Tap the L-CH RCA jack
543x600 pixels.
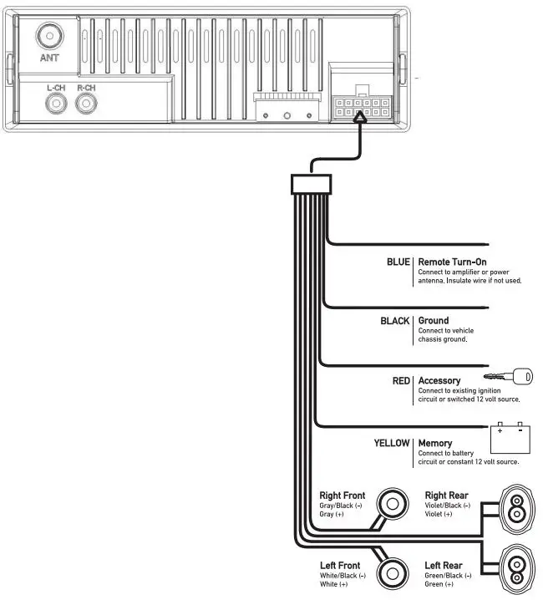point(57,104)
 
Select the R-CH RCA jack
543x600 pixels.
point(85,104)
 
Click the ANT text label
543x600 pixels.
point(50,58)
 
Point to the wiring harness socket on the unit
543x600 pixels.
point(360,106)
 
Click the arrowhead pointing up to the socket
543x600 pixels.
point(360,120)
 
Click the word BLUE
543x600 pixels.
point(398,262)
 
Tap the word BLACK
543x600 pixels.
point(395,321)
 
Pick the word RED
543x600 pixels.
point(401,381)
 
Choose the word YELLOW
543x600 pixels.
point(392,443)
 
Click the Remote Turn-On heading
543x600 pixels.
point(452,262)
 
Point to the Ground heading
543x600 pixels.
point(434,321)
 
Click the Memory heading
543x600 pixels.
point(435,443)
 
